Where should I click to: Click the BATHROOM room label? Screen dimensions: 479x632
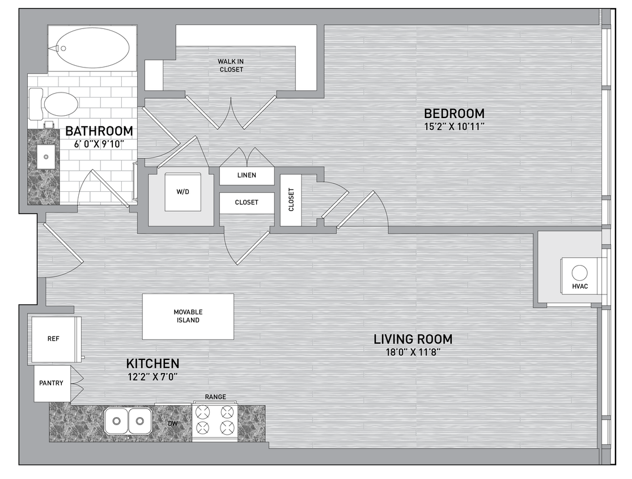click(x=99, y=131)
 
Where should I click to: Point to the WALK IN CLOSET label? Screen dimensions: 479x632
click(x=231, y=65)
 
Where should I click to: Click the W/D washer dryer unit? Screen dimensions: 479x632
click(x=183, y=192)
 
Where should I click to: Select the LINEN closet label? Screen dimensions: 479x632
click(x=247, y=175)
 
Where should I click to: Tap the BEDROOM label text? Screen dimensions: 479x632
click(x=454, y=113)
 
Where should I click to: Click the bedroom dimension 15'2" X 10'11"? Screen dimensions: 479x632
click(x=454, y=127)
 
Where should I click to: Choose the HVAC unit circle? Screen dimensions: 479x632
click(x=579, y=273)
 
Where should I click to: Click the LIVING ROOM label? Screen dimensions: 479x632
click(x=413, y=339)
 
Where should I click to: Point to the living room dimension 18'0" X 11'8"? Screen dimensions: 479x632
click(x=413, y=352)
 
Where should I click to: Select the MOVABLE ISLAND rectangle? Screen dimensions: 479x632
click(x=188, y=316)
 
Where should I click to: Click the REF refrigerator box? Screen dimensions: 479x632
click(x=54, y=339)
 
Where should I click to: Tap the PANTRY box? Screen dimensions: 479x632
click(x=52, y=384)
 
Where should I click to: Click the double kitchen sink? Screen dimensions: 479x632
click(x=128, y=421)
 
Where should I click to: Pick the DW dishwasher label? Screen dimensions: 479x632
click(x=173, y=423)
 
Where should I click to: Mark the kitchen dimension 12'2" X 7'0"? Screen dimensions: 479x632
click(x=152, y=376)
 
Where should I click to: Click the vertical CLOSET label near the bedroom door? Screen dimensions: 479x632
click(x=291, y=200)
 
